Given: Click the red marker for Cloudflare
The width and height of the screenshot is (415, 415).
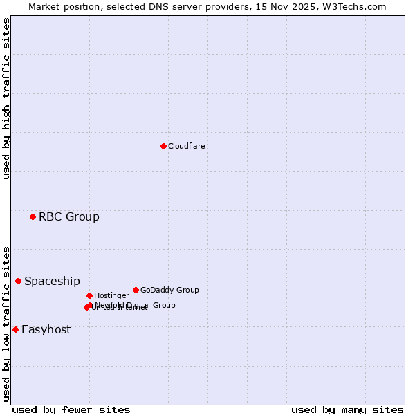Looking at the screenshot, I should point(163,146).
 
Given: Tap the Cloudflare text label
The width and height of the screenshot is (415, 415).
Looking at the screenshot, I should point(187,147).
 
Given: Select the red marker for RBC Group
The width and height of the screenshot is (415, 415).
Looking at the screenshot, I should point(33,217).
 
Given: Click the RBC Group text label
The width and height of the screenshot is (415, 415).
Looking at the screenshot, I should point(69,217).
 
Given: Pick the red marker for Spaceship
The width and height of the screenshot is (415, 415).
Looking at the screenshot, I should point(18,281).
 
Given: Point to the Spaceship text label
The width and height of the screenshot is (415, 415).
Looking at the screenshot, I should point(52,282).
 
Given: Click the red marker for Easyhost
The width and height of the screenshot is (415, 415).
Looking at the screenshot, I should point(15,329).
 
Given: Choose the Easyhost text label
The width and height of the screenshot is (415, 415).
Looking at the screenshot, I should point(46,330).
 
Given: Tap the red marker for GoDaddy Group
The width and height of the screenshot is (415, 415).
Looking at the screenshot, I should point(136,290).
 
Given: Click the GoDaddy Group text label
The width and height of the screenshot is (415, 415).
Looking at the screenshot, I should point(169,290).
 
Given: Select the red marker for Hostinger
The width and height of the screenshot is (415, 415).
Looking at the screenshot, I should point(89,295).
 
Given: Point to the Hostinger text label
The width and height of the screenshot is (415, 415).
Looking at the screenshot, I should point(111,296).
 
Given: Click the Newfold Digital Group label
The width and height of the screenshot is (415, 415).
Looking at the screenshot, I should point(136,304).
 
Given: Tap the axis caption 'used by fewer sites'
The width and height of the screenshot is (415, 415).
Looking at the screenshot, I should point(71,409).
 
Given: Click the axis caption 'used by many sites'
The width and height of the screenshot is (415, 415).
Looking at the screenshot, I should point(347,409).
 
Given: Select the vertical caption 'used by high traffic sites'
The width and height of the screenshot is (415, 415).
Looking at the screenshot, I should point(6,99).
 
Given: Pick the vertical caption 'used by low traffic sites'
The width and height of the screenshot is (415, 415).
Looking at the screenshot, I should point(6,323).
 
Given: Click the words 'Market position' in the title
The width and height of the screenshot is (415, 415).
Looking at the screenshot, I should point(62,6).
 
